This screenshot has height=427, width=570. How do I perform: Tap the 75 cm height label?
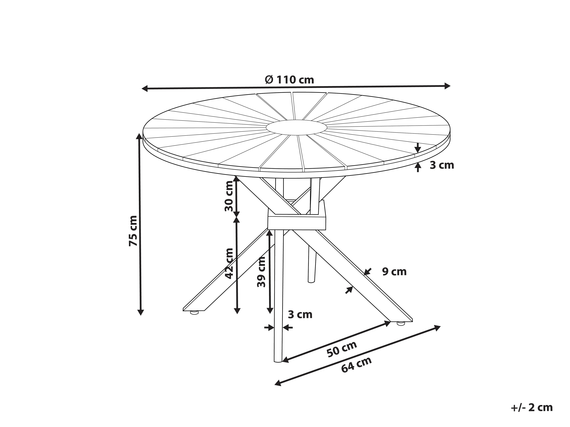(x=133, y=231)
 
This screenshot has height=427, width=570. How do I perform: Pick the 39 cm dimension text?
(x=261, y=272)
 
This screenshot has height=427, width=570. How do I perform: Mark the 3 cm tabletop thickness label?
(x=442, y=165)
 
